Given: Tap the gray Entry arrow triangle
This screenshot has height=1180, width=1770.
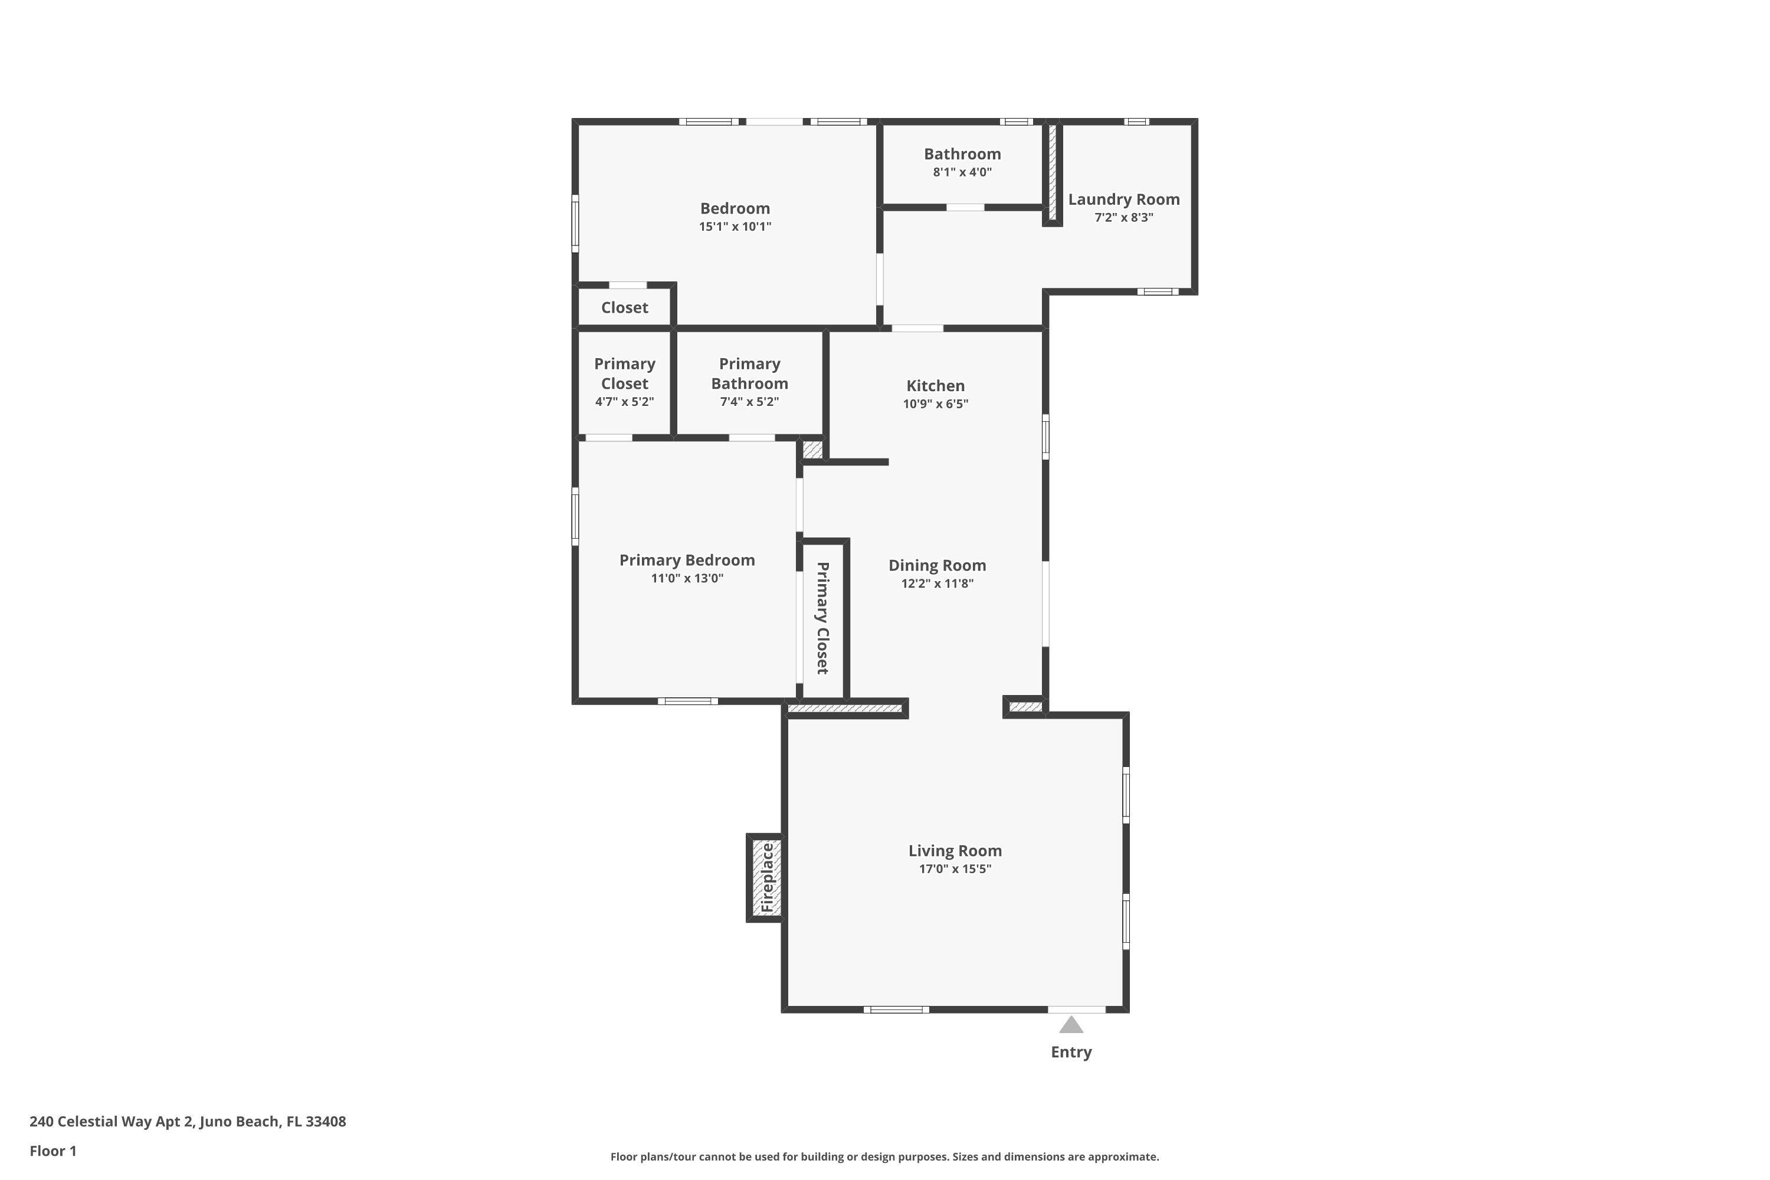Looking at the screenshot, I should pos(1071,1025).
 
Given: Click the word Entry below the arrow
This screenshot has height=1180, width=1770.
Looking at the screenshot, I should pos(1071,1052).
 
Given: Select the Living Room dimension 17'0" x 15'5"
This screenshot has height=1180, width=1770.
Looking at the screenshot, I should pos(955,869).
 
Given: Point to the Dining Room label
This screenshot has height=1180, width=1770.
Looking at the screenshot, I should pos(937,565).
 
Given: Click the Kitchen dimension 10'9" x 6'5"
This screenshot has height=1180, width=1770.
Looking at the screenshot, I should pos(935,404).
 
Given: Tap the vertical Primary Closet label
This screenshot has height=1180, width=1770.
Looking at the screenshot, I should pos(822,617).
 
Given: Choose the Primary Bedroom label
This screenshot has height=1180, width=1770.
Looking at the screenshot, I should pos(687,560).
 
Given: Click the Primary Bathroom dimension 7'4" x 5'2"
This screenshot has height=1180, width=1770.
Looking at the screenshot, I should pos(749,402).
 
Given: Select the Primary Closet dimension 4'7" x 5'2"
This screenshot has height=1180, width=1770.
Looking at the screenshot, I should pos(625,402).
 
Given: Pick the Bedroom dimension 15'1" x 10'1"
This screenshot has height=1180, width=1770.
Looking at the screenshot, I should pos(735,227).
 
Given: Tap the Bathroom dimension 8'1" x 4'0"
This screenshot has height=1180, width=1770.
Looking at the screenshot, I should pos(962,172).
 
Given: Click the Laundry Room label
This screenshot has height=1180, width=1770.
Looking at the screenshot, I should pos(1123,199).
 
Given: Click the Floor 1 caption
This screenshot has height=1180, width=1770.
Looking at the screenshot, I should pos(53,1150).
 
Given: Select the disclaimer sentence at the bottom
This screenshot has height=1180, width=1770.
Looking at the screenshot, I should pos(884,1156).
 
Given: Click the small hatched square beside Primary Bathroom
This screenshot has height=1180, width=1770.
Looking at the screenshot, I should pos(813,450).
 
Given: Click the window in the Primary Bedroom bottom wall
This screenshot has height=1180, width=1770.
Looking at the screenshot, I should pos(688,702).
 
